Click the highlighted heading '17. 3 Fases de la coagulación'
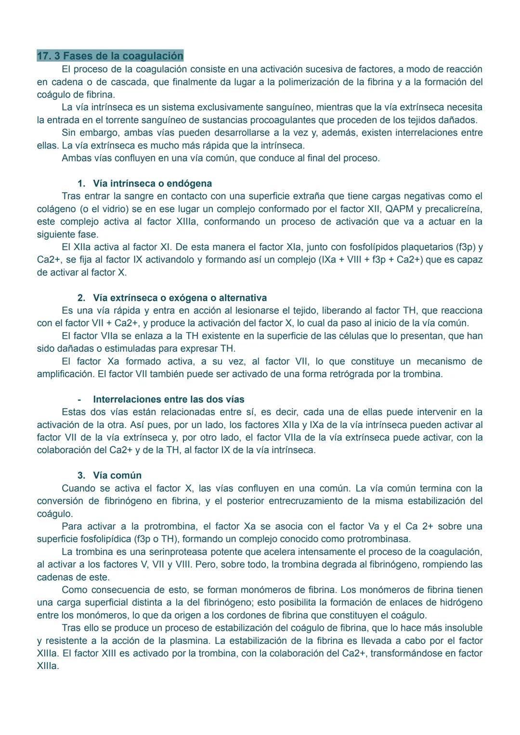[x=110, y=56]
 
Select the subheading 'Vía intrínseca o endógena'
[x=152, y=184]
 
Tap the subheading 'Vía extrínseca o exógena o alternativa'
[x=180, y=298]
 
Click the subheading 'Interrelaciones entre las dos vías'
[x=169, y=400]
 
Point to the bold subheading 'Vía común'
[x=117, y=476]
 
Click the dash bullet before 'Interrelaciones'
[x=79, y=400]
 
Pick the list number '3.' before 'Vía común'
[x=81, y=476]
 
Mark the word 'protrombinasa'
[x=378, y=539]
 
